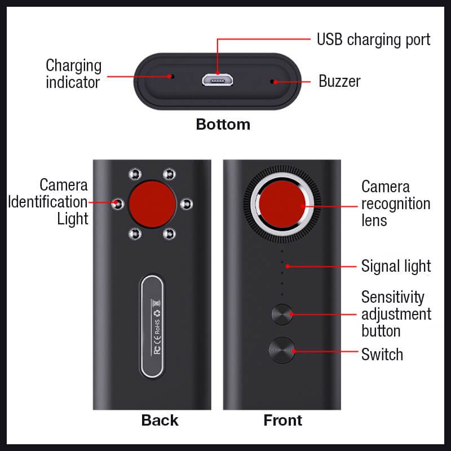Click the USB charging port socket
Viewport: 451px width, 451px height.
[x=218, y=79]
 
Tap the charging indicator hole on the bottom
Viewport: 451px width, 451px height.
[x=173, y=77]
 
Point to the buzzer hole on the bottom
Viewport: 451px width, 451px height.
[x=272, y=82]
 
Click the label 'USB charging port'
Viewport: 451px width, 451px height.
[x=373, y=39]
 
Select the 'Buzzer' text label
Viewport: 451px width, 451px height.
[x=339, y=81]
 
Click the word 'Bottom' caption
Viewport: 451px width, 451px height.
[x=223, y=124]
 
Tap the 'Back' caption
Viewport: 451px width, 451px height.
[x=160, y=420]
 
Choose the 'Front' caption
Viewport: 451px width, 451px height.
[x=283, y=420]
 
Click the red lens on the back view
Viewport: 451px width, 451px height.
[x=152, y=204]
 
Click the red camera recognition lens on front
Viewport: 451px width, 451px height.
[x=282, y=204]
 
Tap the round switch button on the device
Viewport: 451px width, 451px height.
[x=282, y=350]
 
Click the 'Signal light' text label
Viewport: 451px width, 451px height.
[x=396, y=266]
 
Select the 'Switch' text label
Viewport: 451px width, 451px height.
[x=382, y=354]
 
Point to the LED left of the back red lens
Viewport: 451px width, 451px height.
[x=118, y=204]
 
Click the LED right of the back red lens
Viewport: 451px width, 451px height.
[x=187, y=204]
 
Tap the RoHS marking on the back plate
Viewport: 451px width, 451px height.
[x=157, y=327]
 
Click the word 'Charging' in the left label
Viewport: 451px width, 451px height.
[x=74, y=66]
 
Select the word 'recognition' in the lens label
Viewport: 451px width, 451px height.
[x=396, y=204]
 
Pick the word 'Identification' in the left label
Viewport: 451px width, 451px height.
[x=48, y=202]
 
